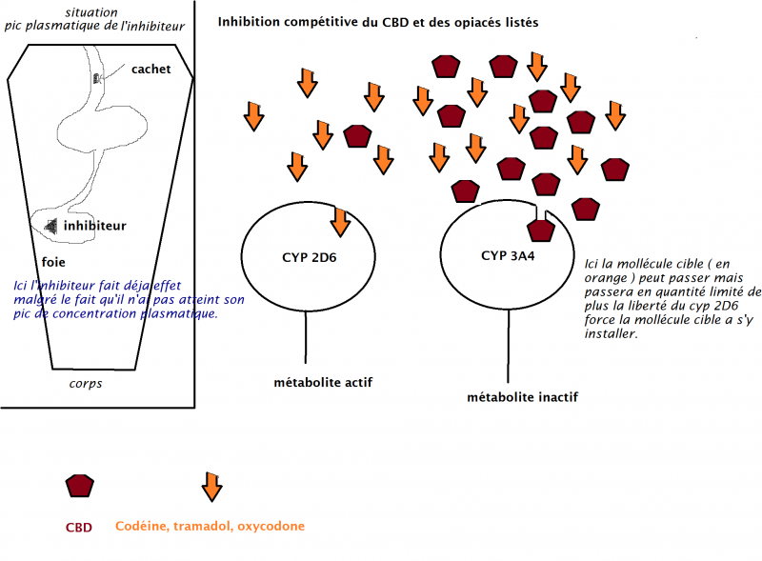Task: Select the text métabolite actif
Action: coord(322,383)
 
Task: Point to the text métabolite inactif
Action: coord(522,396)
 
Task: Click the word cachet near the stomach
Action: coord(151,69)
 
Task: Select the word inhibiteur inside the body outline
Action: coord(95,226)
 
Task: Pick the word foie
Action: coord(54,259)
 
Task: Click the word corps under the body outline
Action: coord(85,384)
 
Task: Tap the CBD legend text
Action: coord(79,527)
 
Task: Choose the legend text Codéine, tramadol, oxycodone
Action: coord(211,526)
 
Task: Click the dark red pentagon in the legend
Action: coord(80,486)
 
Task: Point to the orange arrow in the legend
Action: coord(211,486)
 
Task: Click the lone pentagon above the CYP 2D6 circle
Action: coord(356,135)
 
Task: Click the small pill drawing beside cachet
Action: coord(97,77)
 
